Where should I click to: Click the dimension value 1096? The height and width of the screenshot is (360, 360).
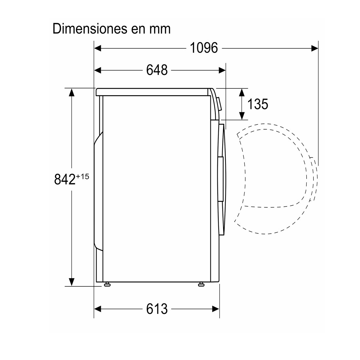pos(204,48)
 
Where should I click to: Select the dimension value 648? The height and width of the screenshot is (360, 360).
pos(157,70)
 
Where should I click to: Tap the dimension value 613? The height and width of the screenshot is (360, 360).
pos(157,309)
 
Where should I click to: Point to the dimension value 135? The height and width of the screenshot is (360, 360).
pos(258,104)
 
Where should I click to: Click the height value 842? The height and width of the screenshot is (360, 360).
pos(65,179)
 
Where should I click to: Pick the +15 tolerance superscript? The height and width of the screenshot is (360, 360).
pos(82,176)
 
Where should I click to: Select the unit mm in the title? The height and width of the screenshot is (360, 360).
pos(160,30)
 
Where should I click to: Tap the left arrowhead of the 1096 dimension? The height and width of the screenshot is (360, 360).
pos(98,48)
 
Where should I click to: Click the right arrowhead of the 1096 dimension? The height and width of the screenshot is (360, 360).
pos(315,48)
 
